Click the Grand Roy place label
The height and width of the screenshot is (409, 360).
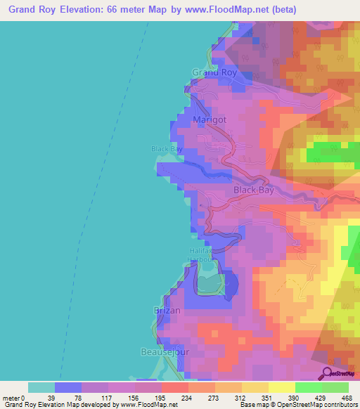[x=214, y=72]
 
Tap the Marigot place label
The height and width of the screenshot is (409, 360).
[x=210, y=120]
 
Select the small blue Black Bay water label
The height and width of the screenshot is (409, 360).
[x=167, y=149]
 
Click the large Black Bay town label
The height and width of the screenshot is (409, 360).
[x=254, y=190]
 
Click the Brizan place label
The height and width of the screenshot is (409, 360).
[x=167, y=310]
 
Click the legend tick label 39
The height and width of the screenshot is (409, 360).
[x=54, y=398]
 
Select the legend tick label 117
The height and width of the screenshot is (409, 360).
[x=108, y=398]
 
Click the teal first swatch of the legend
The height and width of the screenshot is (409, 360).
[x=41, y=387]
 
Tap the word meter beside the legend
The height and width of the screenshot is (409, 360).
[x=11, y=398]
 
